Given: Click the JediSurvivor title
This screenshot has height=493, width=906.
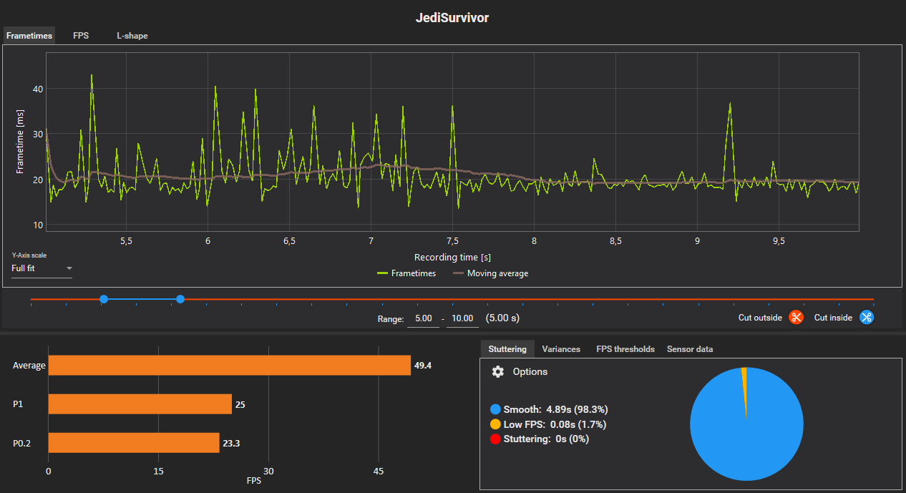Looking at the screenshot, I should [x=452, y=18].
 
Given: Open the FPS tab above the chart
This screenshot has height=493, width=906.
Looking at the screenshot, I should [x=81, y=36].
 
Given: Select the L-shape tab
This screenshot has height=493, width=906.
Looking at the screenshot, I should [x=132, y=36].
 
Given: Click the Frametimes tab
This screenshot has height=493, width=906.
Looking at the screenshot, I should [x=29, y=36].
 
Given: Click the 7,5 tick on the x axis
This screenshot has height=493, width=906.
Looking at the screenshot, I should [x=452, y=242].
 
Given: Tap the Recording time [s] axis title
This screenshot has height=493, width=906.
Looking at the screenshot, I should [x=452, y=257].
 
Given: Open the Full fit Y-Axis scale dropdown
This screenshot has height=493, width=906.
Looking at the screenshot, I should [x=42, y=269].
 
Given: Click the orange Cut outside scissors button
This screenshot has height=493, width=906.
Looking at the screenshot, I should [x=796, y=318].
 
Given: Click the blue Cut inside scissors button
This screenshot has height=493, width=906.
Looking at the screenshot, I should [x=866, y=318].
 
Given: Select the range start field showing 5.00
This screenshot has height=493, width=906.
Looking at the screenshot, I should [x=424, y=318].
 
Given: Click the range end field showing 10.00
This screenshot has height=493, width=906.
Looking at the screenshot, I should [x=463, y=318].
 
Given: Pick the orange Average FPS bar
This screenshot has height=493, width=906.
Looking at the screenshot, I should [x=229, y=366].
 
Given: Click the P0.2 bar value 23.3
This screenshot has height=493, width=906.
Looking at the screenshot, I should [x=231, y=443].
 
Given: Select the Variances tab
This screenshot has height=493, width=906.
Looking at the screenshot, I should [x=561, y=349].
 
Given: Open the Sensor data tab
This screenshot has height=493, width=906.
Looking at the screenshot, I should [x=689, y=349].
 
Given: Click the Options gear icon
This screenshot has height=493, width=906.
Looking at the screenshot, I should [x=498, y=372].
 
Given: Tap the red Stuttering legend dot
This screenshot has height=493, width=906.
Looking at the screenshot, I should [x=495, y=439].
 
